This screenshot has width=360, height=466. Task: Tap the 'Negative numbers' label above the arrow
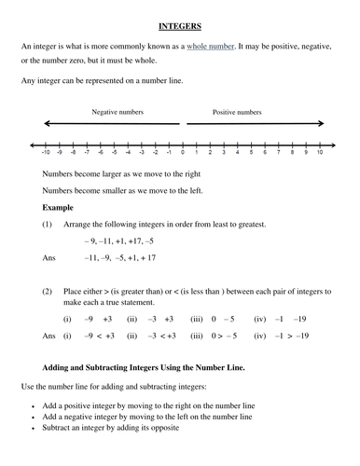118,111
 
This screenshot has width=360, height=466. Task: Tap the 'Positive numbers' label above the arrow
238,111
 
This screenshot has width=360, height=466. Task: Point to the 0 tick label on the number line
183,151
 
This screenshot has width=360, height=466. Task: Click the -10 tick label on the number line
46,151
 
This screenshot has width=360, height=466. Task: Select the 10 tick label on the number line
319,151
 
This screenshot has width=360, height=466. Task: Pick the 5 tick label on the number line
251,151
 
